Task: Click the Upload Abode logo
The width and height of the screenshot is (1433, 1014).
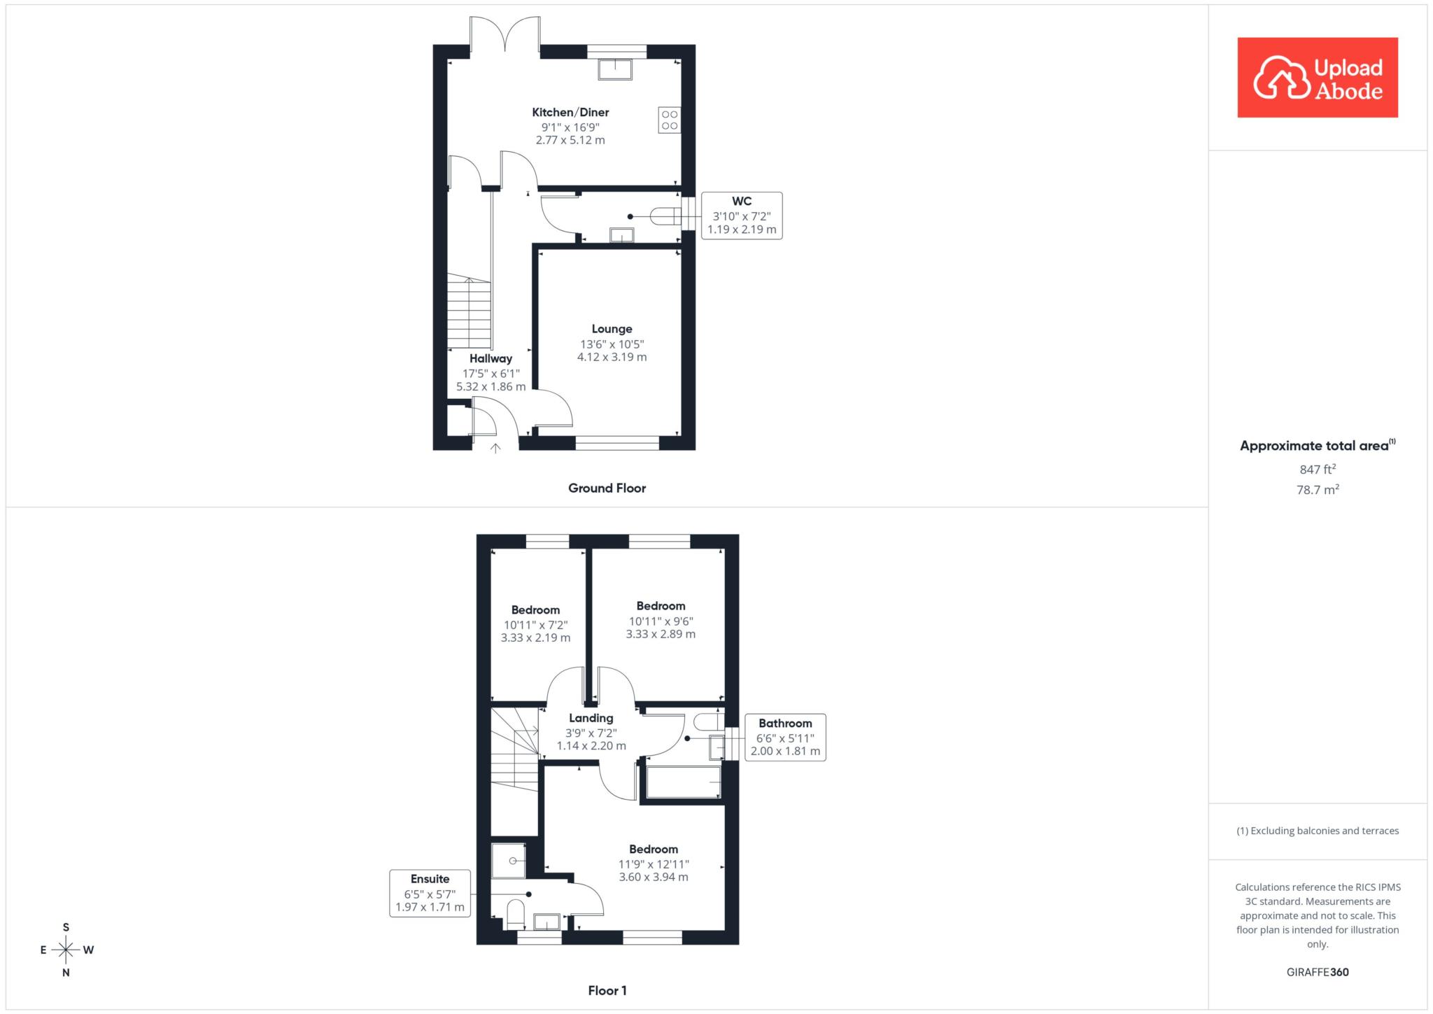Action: [x=1318, y=77]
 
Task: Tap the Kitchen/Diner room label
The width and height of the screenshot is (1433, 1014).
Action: [x=570, y=112]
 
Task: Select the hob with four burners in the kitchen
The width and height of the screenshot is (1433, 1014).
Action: [x=670, y=120]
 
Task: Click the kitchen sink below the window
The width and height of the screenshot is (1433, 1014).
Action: [x=616, y=69]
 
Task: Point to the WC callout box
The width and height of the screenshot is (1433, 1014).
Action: [x=742, y=216]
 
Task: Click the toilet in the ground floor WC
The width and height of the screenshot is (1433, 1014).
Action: [x=665, y=216]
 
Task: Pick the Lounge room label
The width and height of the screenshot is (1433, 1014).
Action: [x=612, y=329]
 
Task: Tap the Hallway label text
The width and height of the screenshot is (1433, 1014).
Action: [x=490, y=358]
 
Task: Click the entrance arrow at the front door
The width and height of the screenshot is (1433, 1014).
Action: [x=495, y=448]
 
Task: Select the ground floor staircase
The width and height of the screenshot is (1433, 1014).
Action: [x=469, y=311]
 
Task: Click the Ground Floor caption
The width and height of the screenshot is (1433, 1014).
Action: [x=607, y=488]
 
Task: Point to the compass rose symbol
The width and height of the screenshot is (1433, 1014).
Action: [x=66, y=950]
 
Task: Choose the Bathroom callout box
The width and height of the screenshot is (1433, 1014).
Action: [x=785, y=738]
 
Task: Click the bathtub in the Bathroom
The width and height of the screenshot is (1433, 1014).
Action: [x=684, y=782]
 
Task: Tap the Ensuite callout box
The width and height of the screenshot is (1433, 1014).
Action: [x=430, y=893]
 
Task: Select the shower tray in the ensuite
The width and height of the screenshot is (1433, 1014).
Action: [x=509, y=861]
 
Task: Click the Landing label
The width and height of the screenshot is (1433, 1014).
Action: [x=591, y=718]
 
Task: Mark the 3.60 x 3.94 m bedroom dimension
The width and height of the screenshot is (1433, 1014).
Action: [x=654, y=877]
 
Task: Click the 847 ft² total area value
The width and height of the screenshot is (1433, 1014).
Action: [x=1318, y=469]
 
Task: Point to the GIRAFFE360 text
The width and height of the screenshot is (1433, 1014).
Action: [x=1318, y=972]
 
